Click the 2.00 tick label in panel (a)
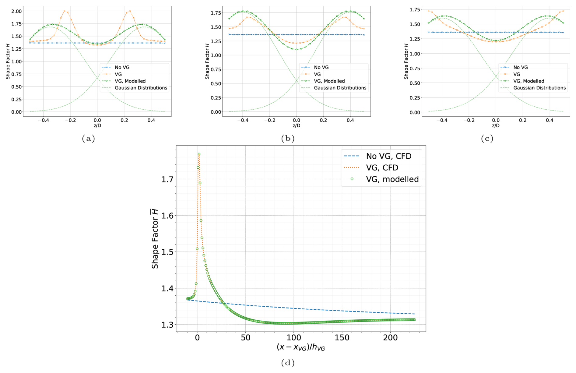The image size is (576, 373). (16, 11)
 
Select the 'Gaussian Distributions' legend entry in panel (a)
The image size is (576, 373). (141, 88)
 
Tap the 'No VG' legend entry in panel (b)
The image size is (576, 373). (321, 67)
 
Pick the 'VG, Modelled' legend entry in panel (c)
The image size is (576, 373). (529, 81)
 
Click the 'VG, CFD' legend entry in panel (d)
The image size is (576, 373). (382, 168)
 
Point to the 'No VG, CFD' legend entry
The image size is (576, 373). (388, 156)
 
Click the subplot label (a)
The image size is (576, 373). (88, 139)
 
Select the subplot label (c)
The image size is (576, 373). (487, 139)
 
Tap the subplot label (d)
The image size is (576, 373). (288, 363)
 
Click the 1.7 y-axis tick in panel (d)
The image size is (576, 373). (167, 179)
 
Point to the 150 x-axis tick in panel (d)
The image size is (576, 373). (342, 338)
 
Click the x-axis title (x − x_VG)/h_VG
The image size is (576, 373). (300, 347)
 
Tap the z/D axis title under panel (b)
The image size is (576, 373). (296, 125)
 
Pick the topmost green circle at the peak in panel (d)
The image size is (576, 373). (199, 154)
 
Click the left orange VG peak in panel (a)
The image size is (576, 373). (65, 11)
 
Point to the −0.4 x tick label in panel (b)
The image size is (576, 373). (242, 120)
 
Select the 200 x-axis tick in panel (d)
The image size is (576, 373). (390, 338)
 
